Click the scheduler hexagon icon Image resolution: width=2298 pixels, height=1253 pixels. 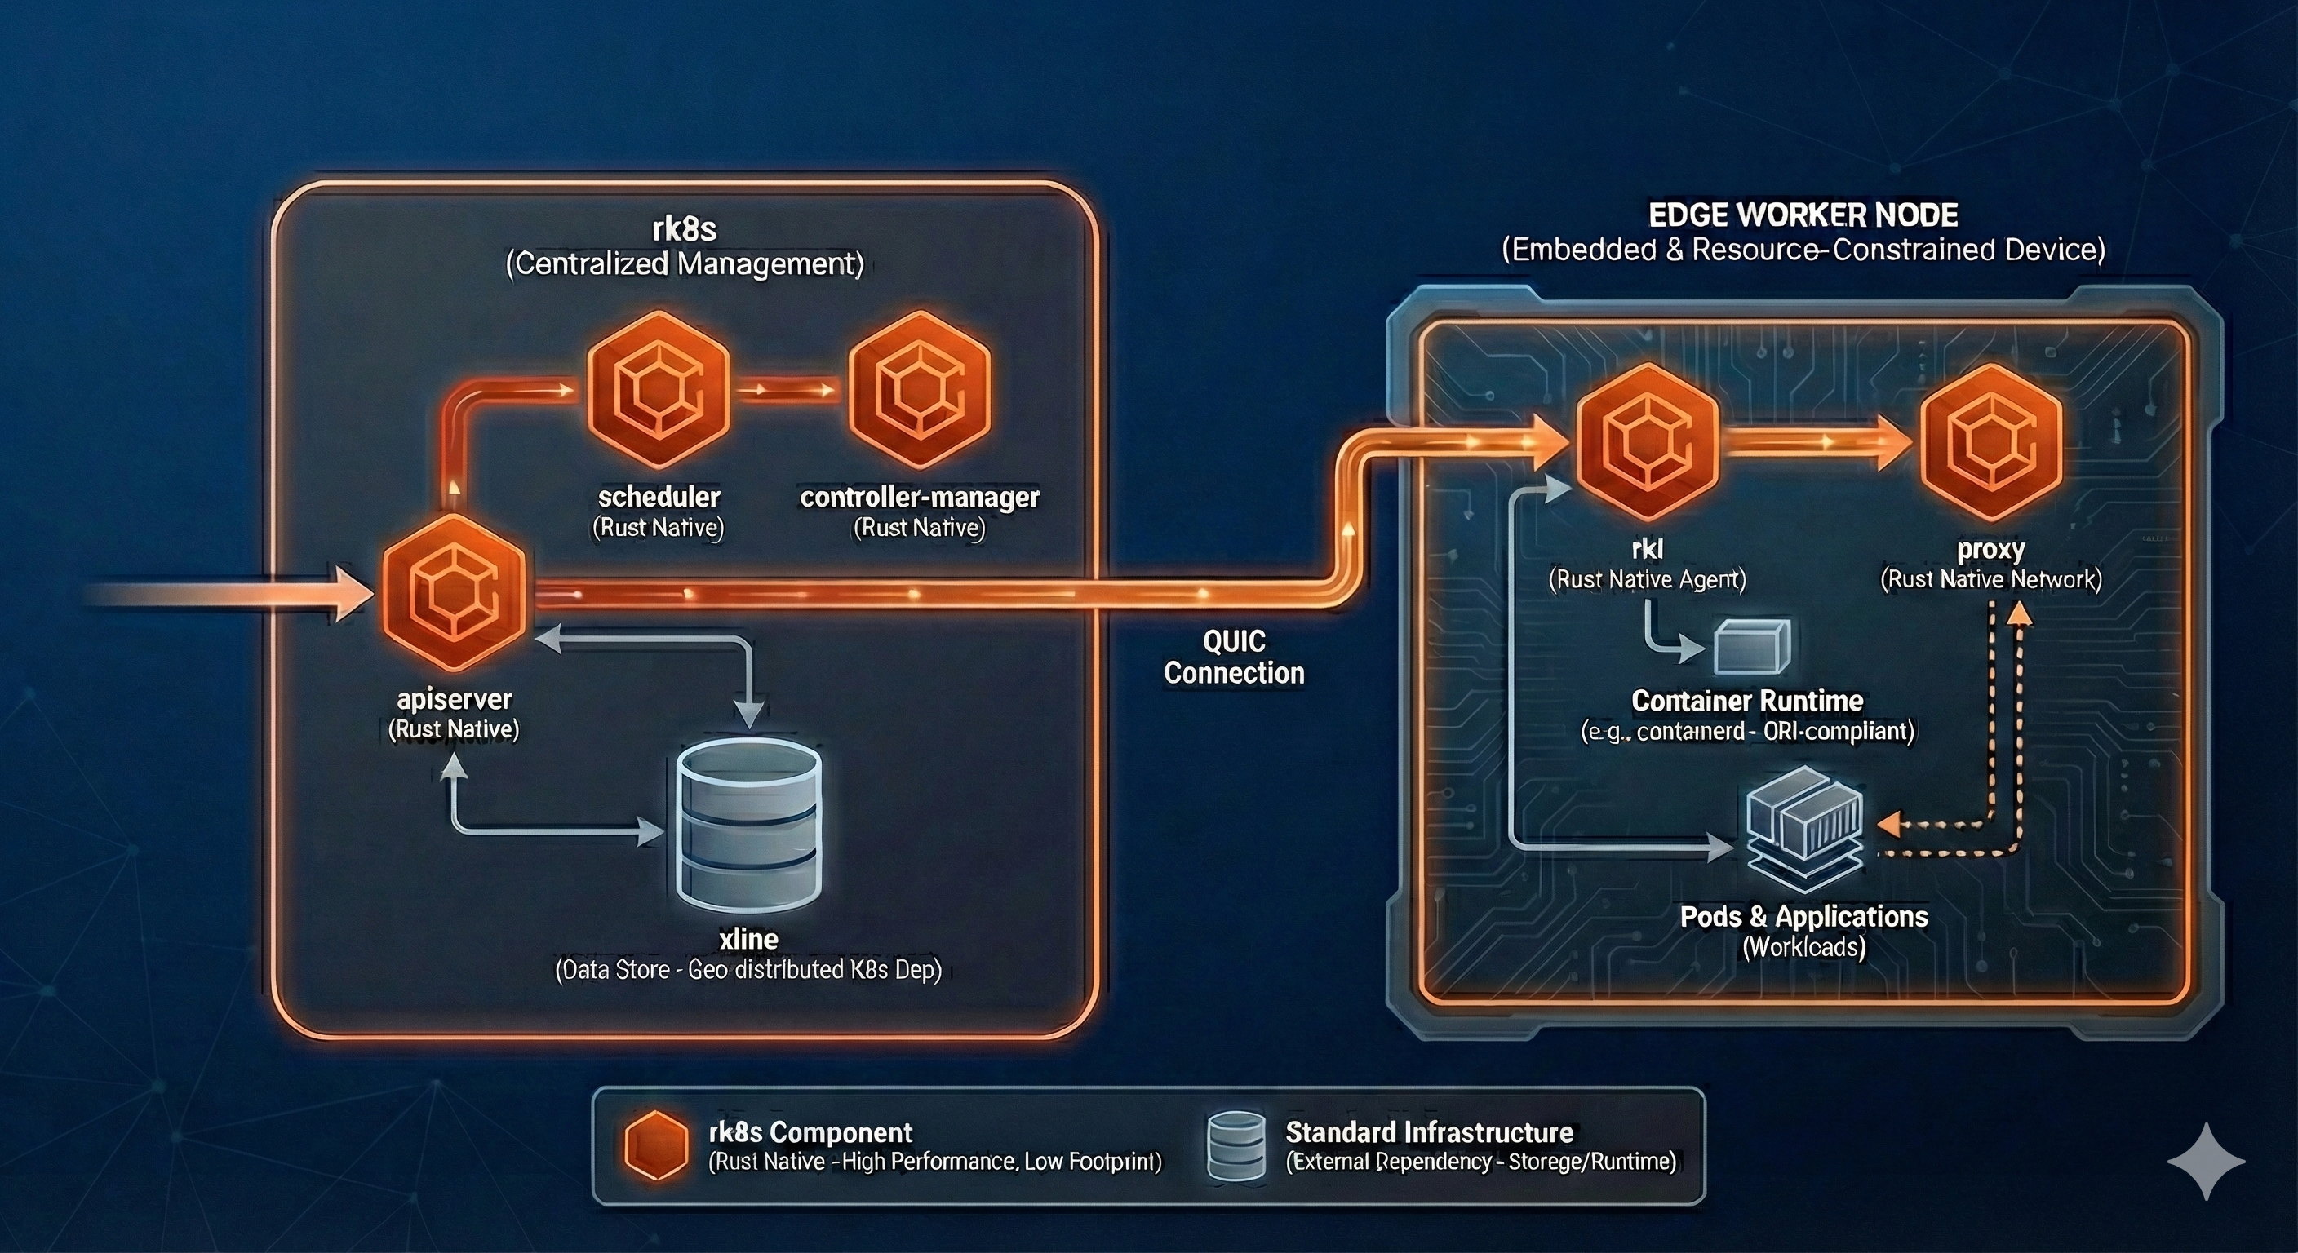[659, 390]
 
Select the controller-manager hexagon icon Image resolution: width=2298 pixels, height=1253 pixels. [920, 390]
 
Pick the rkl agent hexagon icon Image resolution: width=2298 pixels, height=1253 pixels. [1647, 442]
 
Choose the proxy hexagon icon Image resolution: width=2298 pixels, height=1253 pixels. [1991, 442]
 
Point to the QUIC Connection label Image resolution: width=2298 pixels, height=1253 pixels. [1234, 657]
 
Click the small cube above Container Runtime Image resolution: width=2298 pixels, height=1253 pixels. [1752, 647]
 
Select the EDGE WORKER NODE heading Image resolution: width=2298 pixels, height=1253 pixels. [1803, 215]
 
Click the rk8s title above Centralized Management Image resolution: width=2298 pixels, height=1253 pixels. [684, 229]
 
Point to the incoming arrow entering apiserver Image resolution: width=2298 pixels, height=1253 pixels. [232, 592]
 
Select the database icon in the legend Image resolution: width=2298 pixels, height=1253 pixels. [1236, 1146]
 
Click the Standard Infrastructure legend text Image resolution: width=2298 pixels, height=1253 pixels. [1429, 1132]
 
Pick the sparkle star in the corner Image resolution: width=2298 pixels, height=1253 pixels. [2206, 1161]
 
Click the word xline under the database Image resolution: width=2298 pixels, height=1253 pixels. [748, 939]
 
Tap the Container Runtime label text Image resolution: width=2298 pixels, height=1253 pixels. [1746, 702]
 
